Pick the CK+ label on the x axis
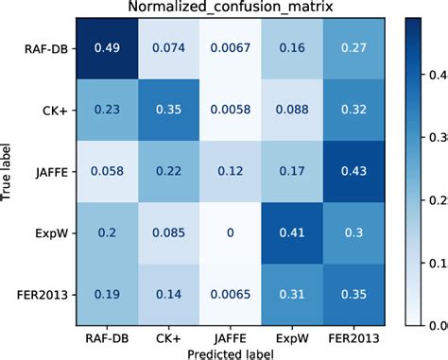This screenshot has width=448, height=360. point(164,335)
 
